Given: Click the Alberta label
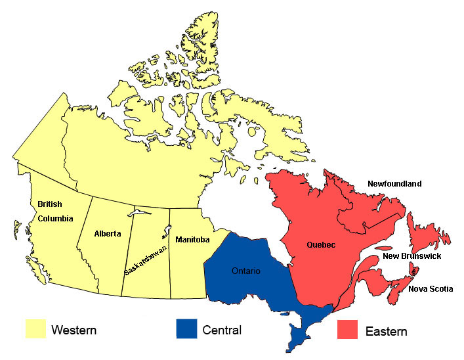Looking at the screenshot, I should [x=108, y=233].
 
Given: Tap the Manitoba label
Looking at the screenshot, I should [x=192, y=240].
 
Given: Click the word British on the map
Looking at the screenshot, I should [x=50, y=204].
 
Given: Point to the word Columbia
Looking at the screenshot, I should [x=55, y=218].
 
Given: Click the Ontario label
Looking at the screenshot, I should [x=246, y=271].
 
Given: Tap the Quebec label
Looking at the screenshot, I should [x=321, y=244].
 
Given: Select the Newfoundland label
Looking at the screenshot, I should [x=394, y=184].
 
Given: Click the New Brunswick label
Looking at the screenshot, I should [x=412, y=256].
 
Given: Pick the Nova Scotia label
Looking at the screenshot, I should [x=431, y=288].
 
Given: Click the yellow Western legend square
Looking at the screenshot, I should [x=35, y=329].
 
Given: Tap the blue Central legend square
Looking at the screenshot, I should [x=186, y=329].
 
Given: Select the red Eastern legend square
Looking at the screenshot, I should [x=347, y=329].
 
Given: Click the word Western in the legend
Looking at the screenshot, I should [x=74, y=330].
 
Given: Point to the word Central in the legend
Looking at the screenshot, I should [x=222, y=330].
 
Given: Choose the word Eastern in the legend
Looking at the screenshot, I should [x=387, y=331].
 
